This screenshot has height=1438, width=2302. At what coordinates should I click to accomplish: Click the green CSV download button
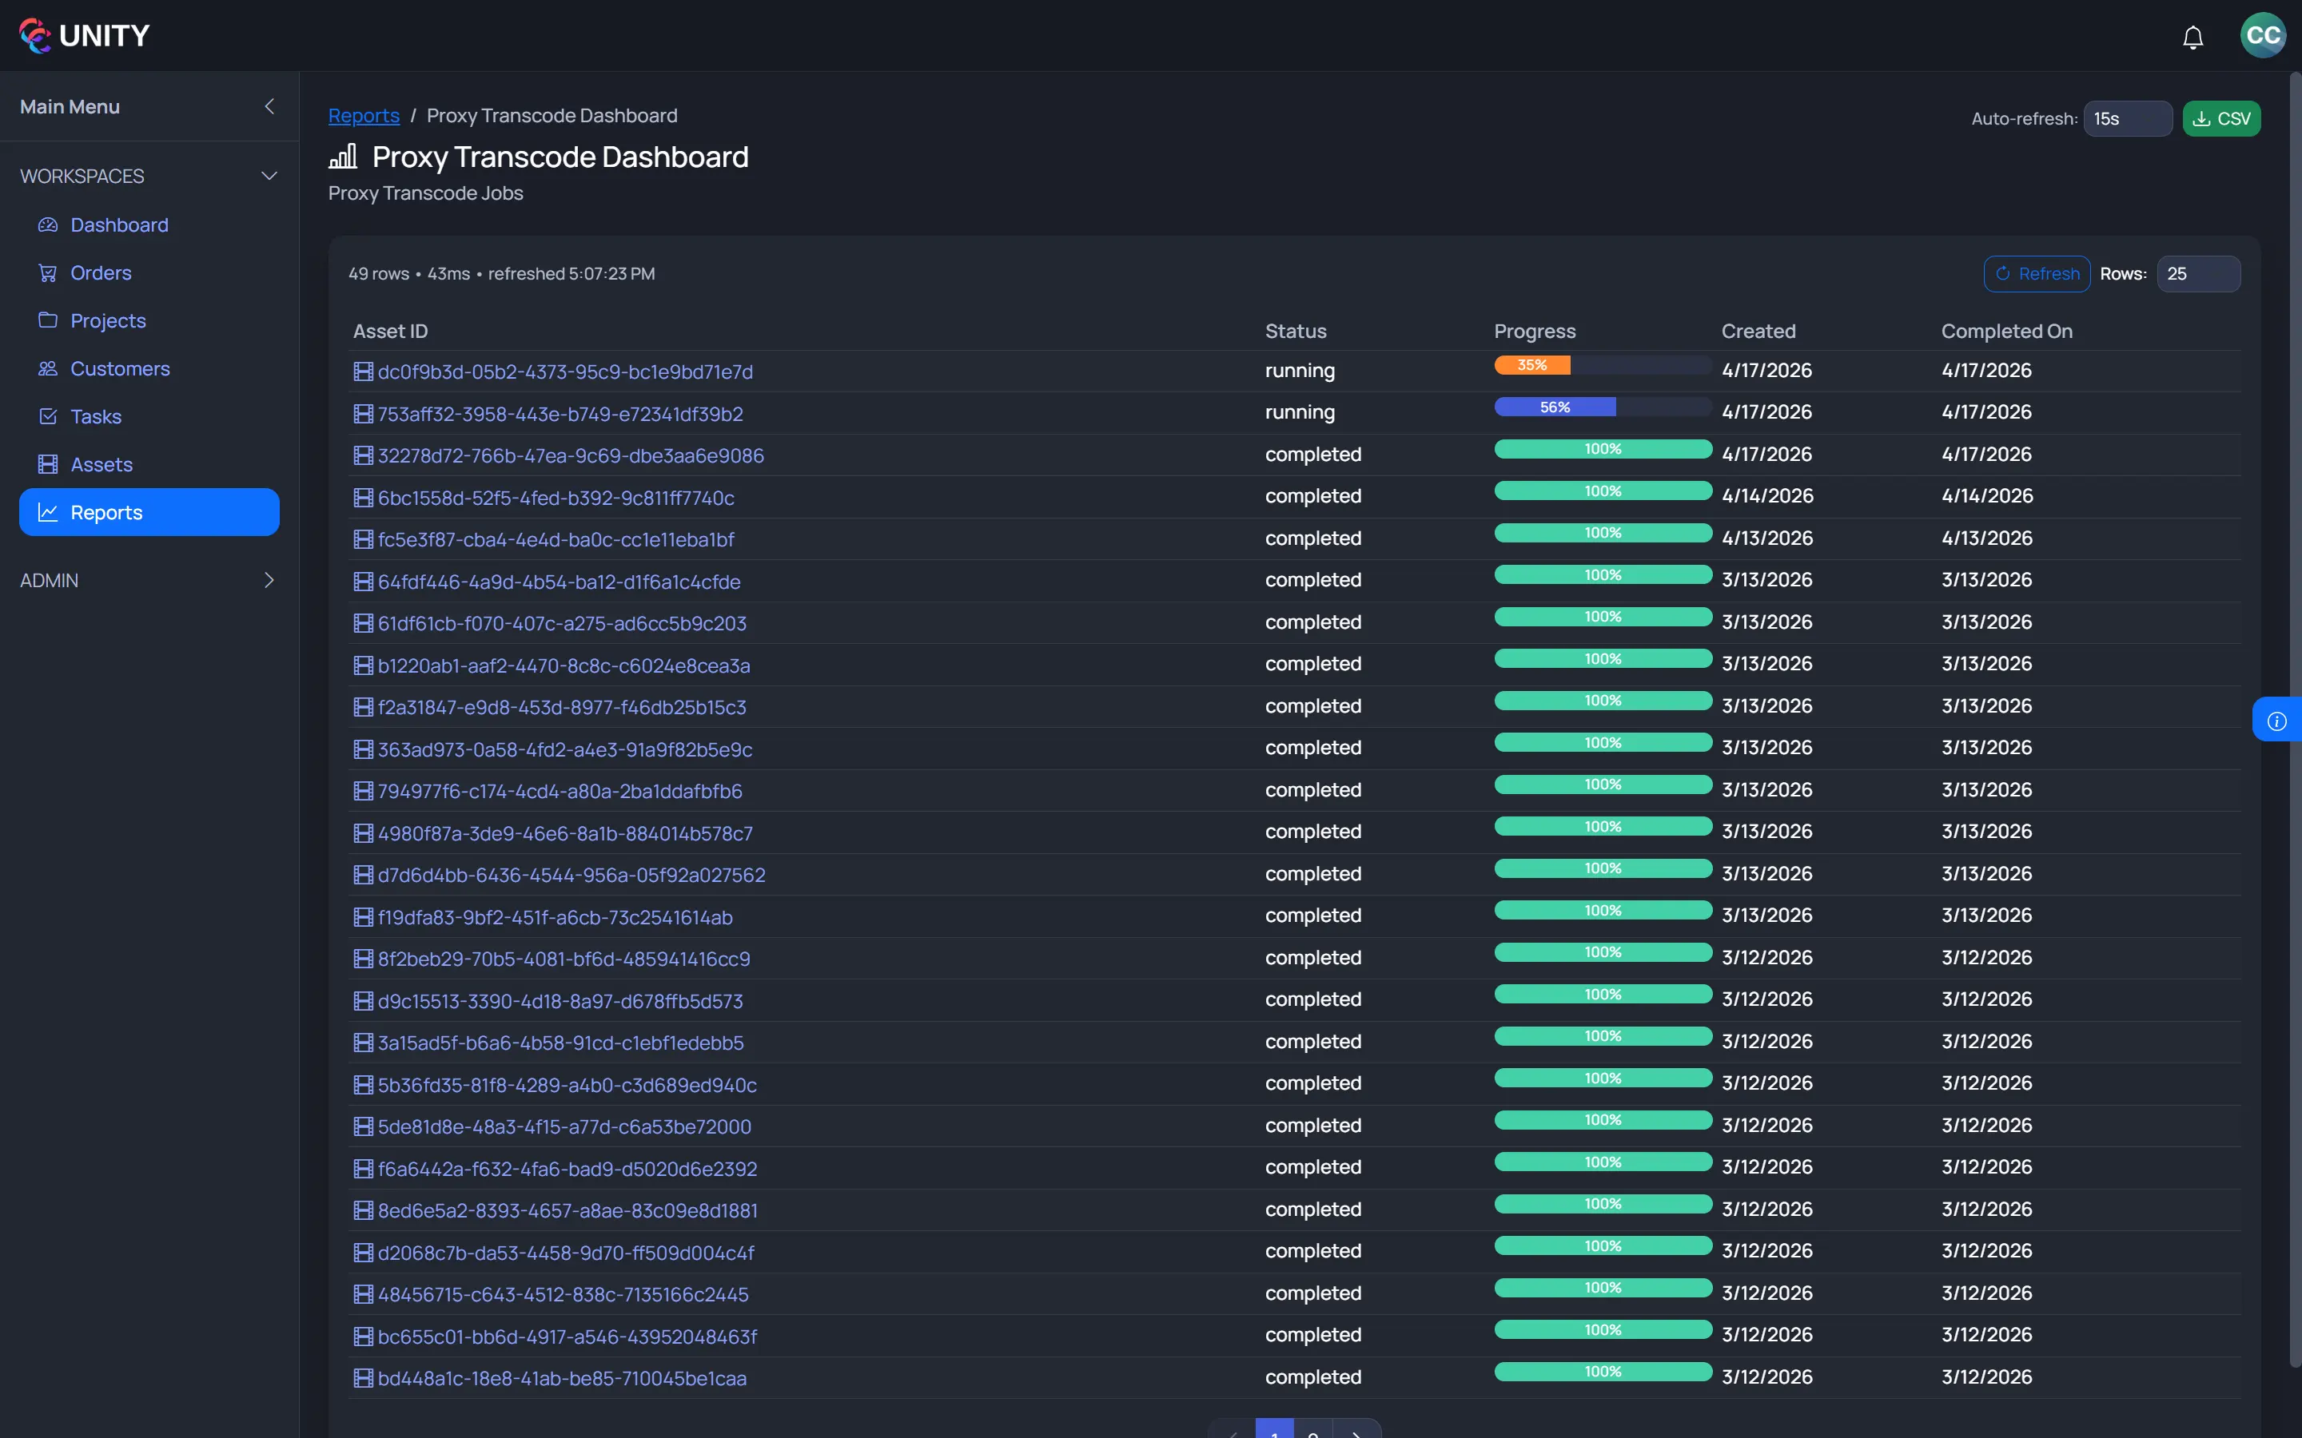pyautogui.click(x=2220, y=119)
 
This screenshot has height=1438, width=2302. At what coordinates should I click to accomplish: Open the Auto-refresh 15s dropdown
pyautogui.click(x=2126, y=119)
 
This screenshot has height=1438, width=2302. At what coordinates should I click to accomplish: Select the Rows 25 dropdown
pyautogui.click(x=2196, y=274)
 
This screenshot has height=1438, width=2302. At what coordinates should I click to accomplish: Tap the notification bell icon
pyautogui.click(x=2192, y=37)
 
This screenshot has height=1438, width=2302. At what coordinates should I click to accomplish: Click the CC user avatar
pyautogui.click(x=2262, y=35)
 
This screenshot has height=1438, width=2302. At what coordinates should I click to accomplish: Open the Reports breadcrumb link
pyautogui.click(x=364, y=116)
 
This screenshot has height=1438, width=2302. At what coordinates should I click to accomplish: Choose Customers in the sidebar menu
pyautogui.click(x=120, y=369)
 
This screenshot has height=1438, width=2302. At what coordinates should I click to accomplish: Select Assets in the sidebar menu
pyautogui.click(x=101, y=464)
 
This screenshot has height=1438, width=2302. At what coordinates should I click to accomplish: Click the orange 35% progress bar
pyautogui.click(x=1531, y=365)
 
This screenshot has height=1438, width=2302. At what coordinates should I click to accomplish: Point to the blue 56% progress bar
pyautogui.click(x=1555, y=407)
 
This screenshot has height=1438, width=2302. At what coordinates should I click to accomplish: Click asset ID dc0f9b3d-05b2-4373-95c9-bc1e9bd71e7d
pyautogui.click(x=565, y=371)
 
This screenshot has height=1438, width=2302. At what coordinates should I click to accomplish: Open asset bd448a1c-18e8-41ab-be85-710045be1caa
pyautogui.click(x=561, y=1378)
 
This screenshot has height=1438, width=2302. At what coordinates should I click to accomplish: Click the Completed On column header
pyautogui.click(x=2006, y=331)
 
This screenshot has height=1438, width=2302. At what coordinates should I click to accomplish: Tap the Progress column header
pyautogui.click(x=1535, y=331)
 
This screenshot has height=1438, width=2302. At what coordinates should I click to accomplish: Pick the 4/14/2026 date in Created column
pyautogui.click(x=1766, y=495)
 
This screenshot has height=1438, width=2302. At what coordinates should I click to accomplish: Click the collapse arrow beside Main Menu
pyautogui.click(x=269, y=106)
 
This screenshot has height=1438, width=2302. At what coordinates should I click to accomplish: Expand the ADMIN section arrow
pyautogui.click(x=269, y=580)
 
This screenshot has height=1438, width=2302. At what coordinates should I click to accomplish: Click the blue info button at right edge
pyautogui.click(x=2276, y=720)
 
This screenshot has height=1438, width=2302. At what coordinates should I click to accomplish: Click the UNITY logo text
pyautogui.click(x=104, y=36)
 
